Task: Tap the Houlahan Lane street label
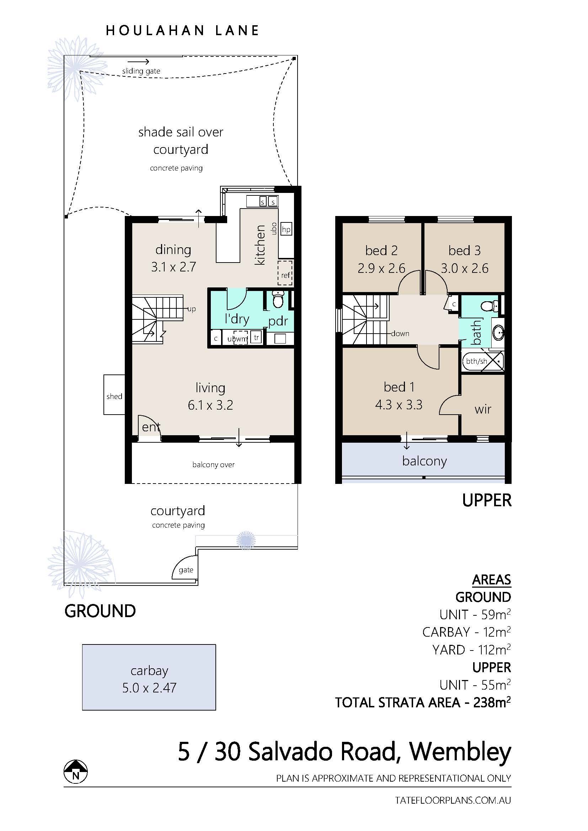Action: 182,31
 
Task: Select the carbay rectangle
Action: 149,677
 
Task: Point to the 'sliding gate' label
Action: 141,71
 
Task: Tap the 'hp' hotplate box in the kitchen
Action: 286,229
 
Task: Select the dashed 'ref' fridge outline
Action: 285,272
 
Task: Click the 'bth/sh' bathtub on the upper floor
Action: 483,361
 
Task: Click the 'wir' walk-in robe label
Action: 483,409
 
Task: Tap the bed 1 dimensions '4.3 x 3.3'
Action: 399,405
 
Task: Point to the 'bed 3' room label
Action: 464,250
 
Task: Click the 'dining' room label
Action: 173,250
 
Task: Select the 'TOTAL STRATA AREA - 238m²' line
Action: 423,702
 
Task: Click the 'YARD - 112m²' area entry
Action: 471,650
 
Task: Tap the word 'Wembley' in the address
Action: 460,752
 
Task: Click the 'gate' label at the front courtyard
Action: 186,570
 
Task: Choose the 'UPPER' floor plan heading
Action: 487,500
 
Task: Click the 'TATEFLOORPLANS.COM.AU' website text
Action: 453,800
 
